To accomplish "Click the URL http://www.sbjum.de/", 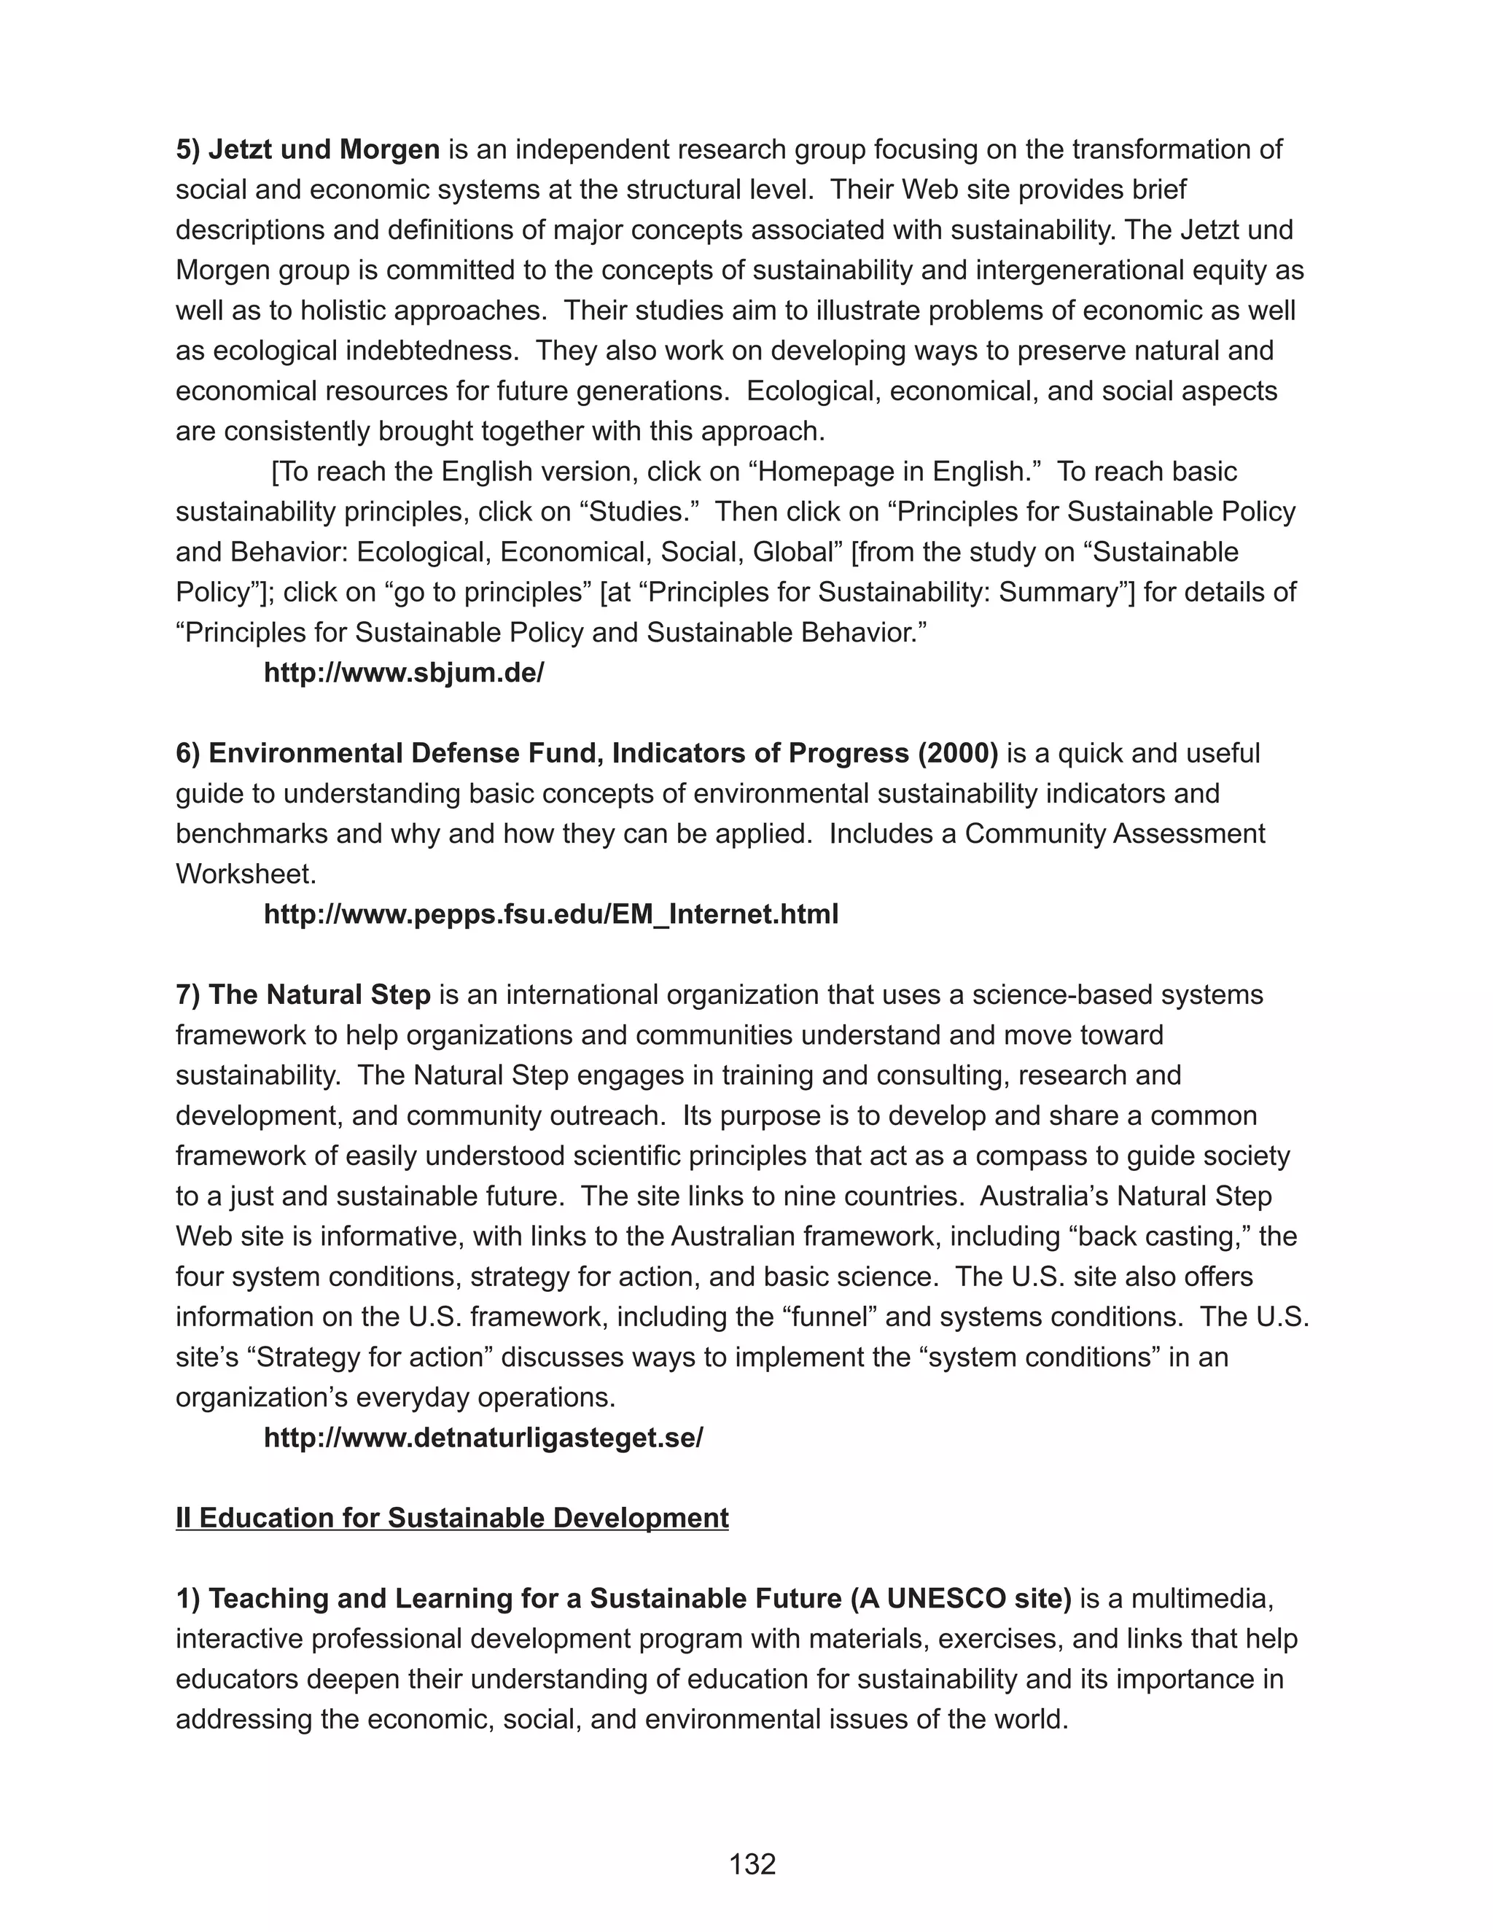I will (403, 673).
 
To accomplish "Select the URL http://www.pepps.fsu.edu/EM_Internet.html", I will (550, 914).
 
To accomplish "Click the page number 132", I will (752, 1864).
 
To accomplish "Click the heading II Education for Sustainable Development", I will (452, 1518).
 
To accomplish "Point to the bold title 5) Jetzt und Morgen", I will (308, 149).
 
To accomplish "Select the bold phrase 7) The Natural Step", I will (303, 994).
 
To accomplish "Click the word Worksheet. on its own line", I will (246, 874).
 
